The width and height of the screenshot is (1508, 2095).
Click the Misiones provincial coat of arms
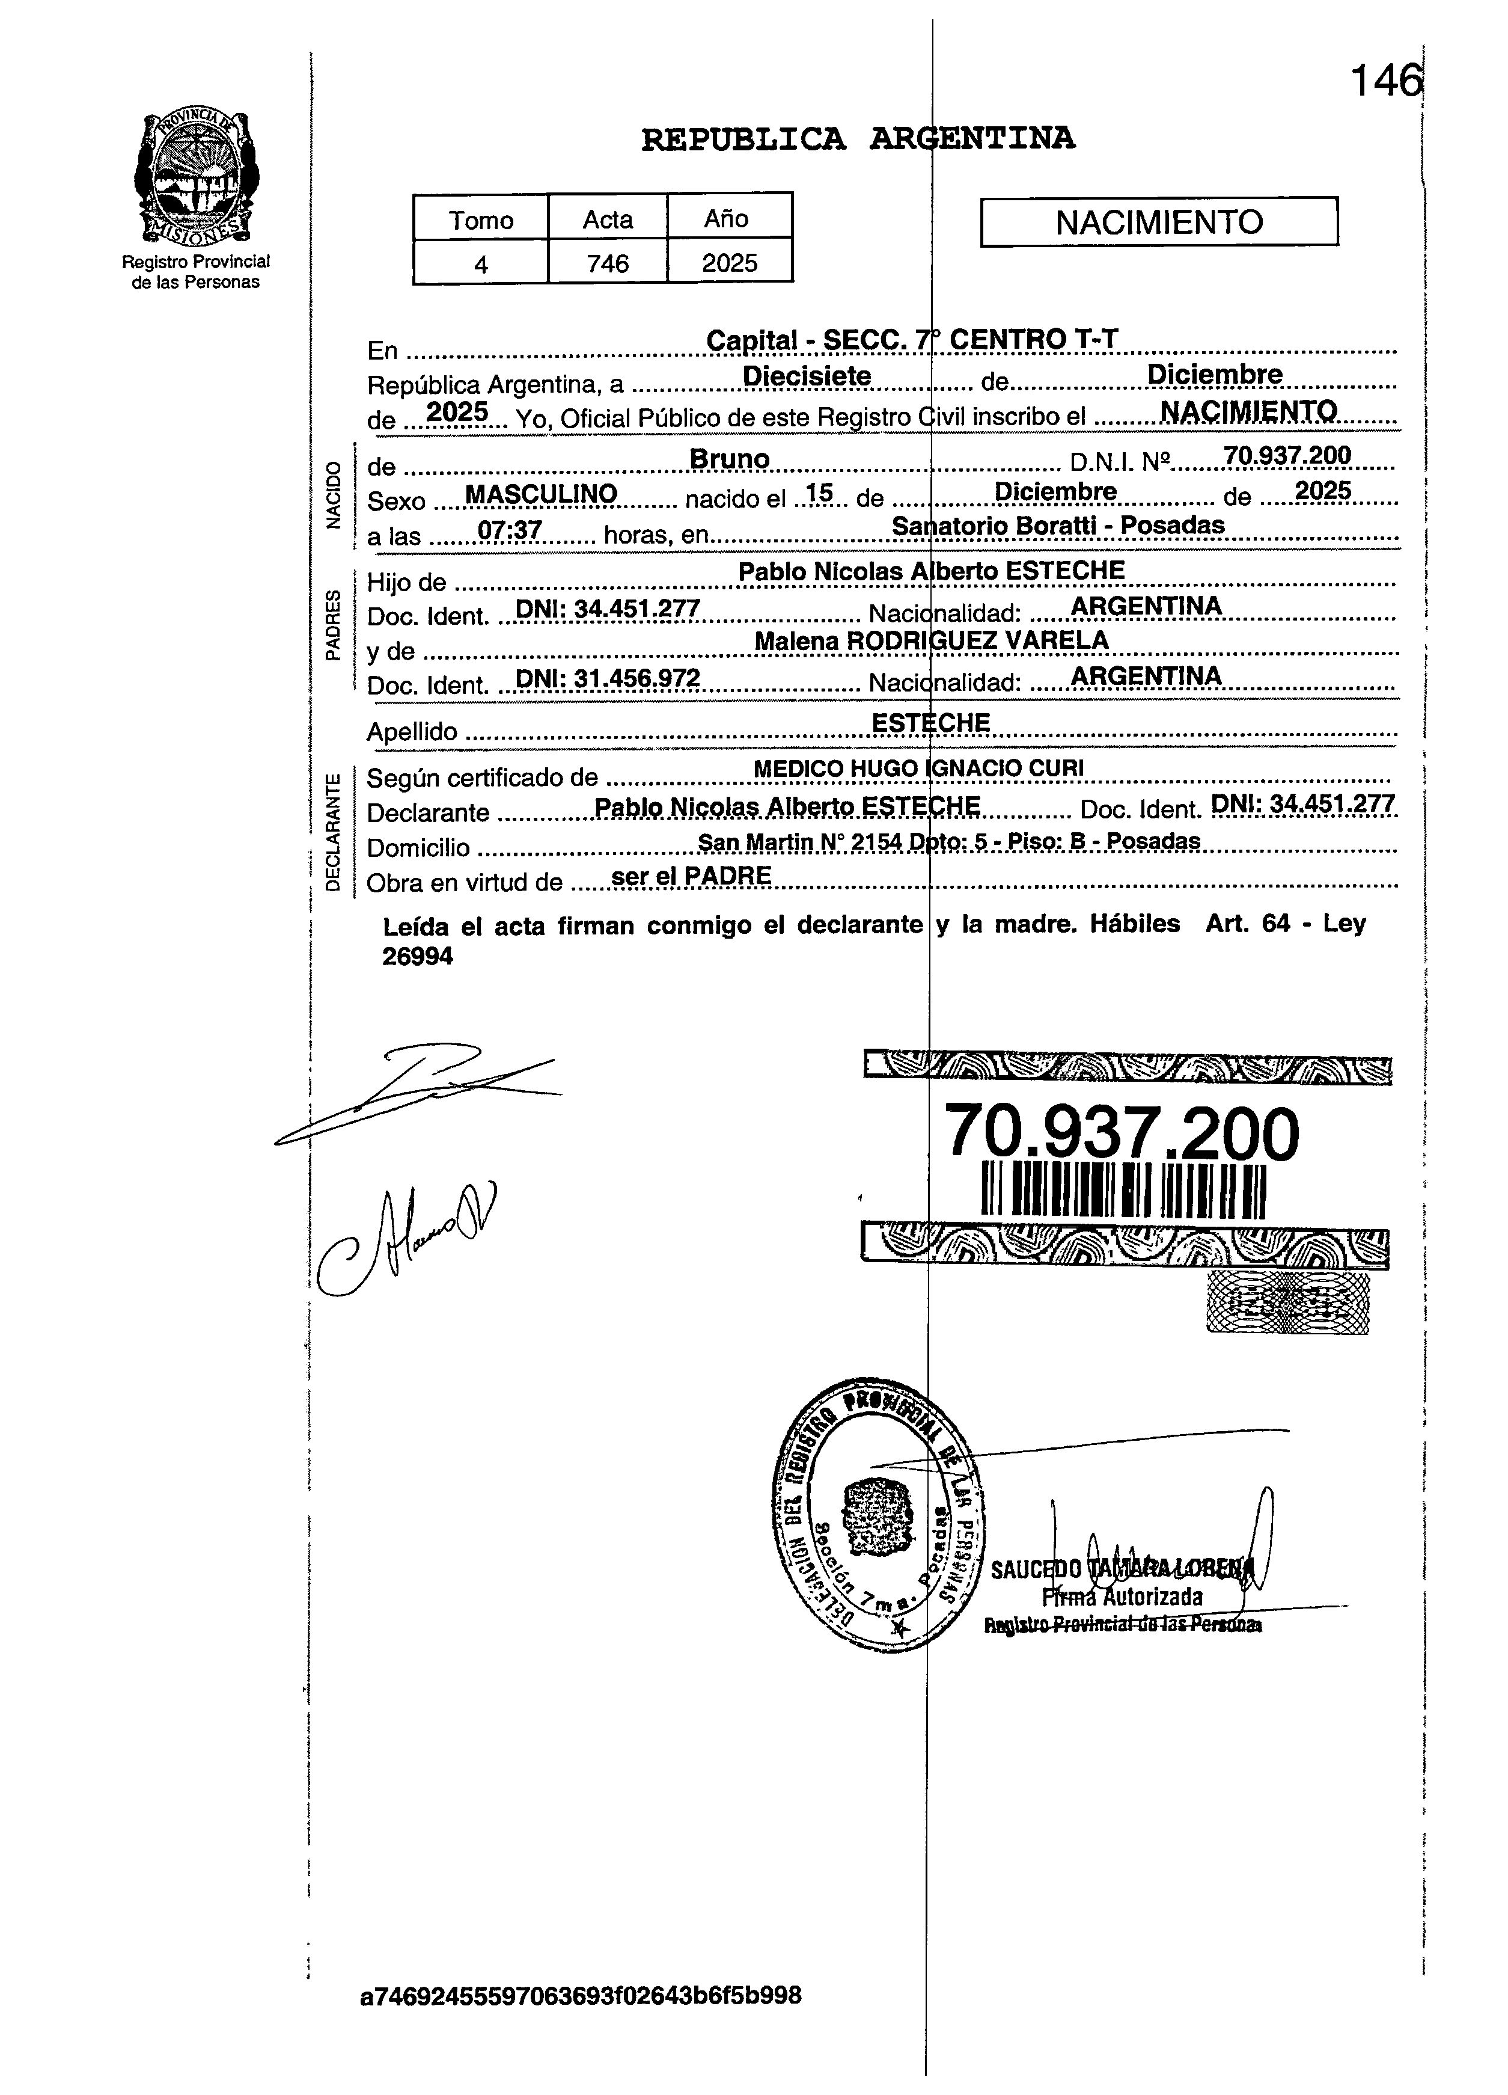pyautogui.click(x=196, y=177)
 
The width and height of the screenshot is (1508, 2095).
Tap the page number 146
pyautogui.click(x=1385, y=81)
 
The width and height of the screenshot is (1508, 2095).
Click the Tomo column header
pyautogui.click(x=480, y=220)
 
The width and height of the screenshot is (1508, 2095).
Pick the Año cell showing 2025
pyautogui.click(x=730, y=263)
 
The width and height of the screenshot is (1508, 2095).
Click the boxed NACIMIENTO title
pyautogui.click(x=1159, y=222)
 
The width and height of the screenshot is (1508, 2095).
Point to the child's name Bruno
pyautogui.click(x=730, y=459)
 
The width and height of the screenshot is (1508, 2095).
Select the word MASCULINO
pyautogui.click(x=541, y=495)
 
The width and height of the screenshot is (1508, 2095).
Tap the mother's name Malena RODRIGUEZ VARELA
pyautogui.click(x=931, y=640)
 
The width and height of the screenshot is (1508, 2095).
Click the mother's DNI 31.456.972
pyautogui.click(x=606, y=679)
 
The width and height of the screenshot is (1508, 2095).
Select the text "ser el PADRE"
pyautogui.click(x=691, y=876)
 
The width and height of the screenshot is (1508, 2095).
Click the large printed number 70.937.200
pyautogui.click(x=1122, y=1134)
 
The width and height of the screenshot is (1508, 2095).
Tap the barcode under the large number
pyautogui.click(x=1123, y=1192)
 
